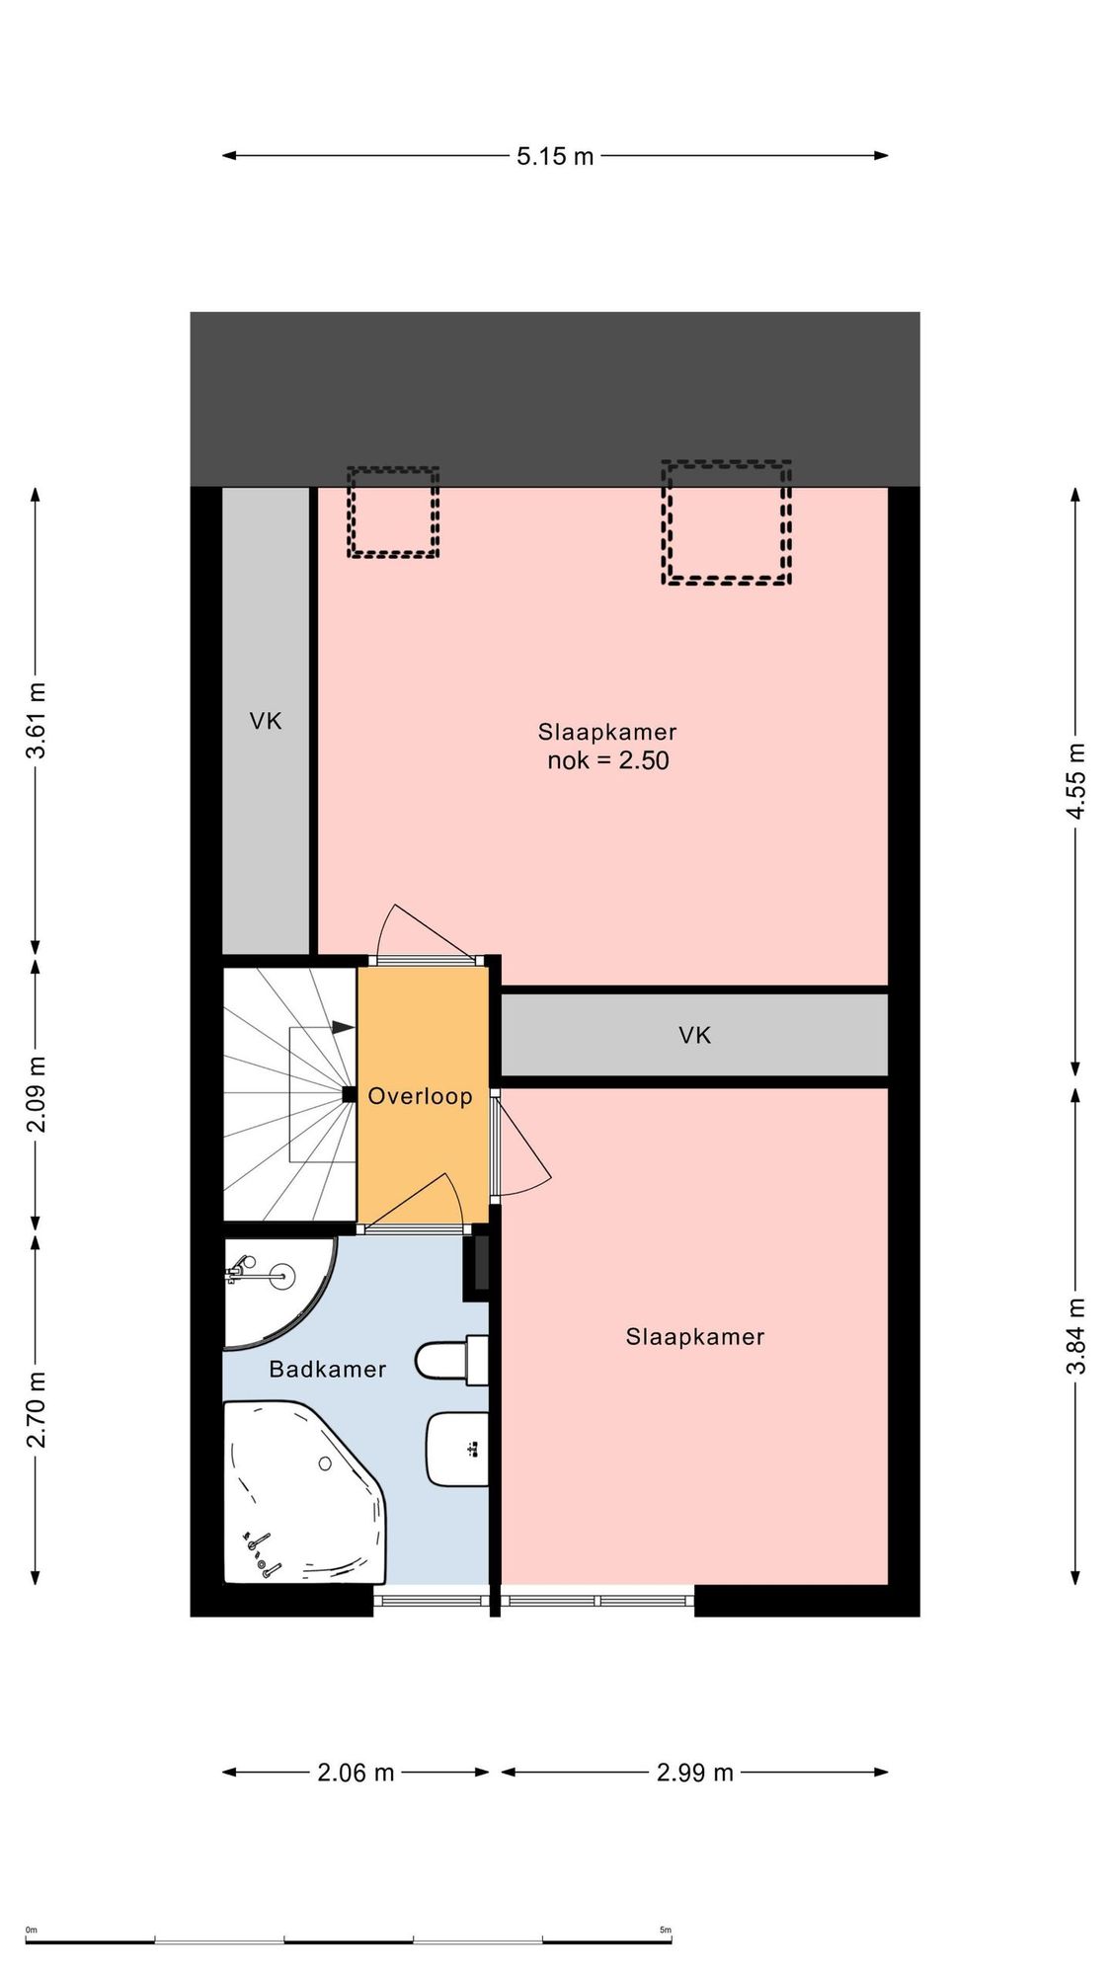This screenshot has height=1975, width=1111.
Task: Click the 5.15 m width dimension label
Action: pyautogui.click(x=555, y=156)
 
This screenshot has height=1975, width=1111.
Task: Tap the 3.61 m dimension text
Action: pyautogui.click(x=36, y=721)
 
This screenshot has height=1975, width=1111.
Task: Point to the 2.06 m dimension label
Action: pyautogui.click(x=356, y=1772)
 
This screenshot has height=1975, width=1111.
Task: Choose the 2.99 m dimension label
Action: pyautogui.click(x=695, y=1772)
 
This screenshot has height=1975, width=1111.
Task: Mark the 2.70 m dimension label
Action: pyautogui.click(x=36, y=1409)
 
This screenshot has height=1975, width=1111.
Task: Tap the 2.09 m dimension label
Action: pyautogui.click(x=36, y=1095)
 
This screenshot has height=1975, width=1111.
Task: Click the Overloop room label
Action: pyautogui.click(x=420, y=1096)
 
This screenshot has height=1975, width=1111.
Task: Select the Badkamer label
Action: pyautogui.click(x=327, y=1369)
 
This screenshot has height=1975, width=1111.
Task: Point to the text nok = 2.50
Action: pyautogui.click(x=608, y=760)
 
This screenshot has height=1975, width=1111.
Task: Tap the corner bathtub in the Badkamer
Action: pyautogui.click(x=304, y=1492)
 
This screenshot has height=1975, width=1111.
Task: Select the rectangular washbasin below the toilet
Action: pyautogui.click(x=457, y=1449)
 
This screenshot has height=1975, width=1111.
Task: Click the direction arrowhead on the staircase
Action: pyautogui.click(x=343, y=1028)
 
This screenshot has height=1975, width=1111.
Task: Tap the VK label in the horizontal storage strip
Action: pyautogui.click(x=694, y=1035)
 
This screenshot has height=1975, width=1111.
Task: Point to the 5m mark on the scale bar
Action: pyautogui.click(x=666, y=1930)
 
